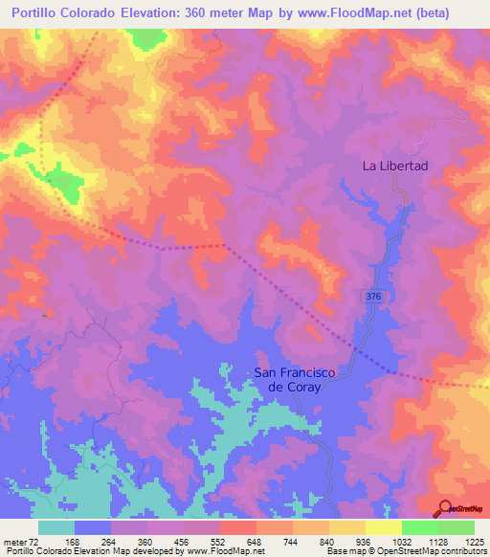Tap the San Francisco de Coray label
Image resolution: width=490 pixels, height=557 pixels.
tap(300, 380)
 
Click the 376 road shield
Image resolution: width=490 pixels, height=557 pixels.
tap(373, 299)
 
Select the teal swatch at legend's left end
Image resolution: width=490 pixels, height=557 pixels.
tap(56, 527)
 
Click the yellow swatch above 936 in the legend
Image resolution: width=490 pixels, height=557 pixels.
tap(347, 527)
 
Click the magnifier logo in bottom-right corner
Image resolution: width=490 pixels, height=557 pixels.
tap(445, 508)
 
